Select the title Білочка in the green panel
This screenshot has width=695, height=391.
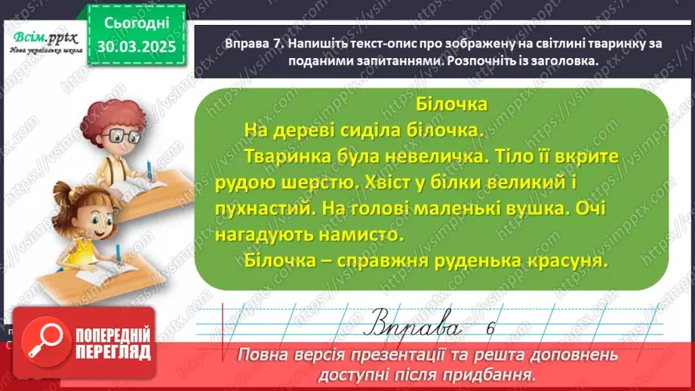pyautogui.click(x=452, y=103)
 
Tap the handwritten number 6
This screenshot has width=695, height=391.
pyautogui.click(x=490, y=327)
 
